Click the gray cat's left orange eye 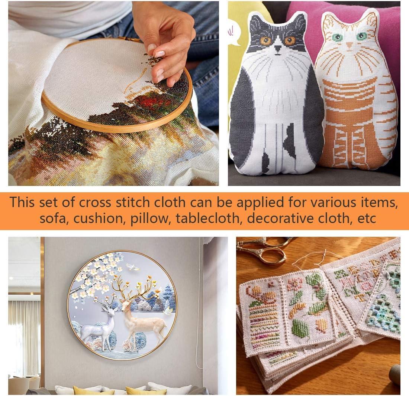(265, 41)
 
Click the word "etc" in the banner (367, 218)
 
